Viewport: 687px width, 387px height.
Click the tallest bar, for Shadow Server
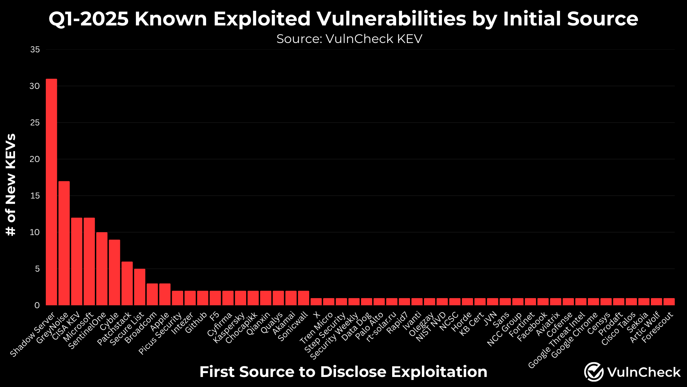[52, 192]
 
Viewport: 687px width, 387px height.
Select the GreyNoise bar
[64, 243]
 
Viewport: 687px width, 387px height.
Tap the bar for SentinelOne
[102, 269]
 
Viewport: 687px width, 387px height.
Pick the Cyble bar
[114, 272]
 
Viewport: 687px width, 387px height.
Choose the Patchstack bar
[127, 283]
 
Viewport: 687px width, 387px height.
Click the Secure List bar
[140, 287]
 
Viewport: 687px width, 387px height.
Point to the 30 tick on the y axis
[35, 86]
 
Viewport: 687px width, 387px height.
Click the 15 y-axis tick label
[35, 196]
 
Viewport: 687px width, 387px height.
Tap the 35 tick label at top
[35, 49]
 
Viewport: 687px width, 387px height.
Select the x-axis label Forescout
[657, 327]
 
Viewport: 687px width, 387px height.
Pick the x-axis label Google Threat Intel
[556, 340]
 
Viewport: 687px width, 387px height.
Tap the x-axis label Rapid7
[397, 322]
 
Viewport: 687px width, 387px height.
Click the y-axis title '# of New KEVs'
[11, 185]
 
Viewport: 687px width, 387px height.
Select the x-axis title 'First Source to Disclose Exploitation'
[343, 372]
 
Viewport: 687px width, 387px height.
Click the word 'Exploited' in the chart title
[262, 19]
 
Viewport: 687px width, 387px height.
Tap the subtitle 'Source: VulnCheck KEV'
[349, 39]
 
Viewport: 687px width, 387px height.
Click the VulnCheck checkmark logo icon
[594, 372]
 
